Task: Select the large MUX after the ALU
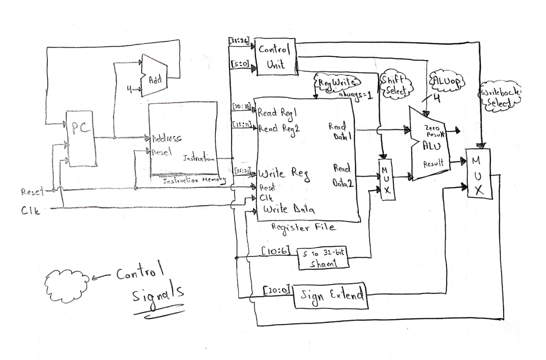coord(478,174)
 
